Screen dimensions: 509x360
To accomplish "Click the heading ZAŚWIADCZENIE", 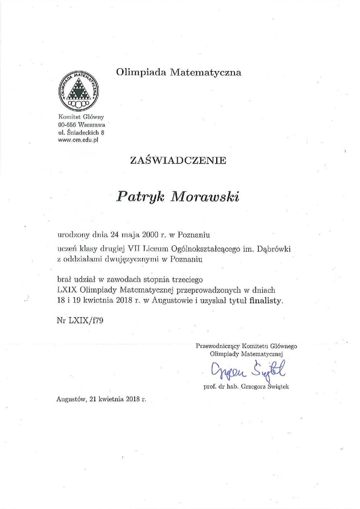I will pyautogui.click(x=178, y=160).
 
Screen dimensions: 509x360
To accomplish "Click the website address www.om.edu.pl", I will pyautogui.click(x=78, y=140).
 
